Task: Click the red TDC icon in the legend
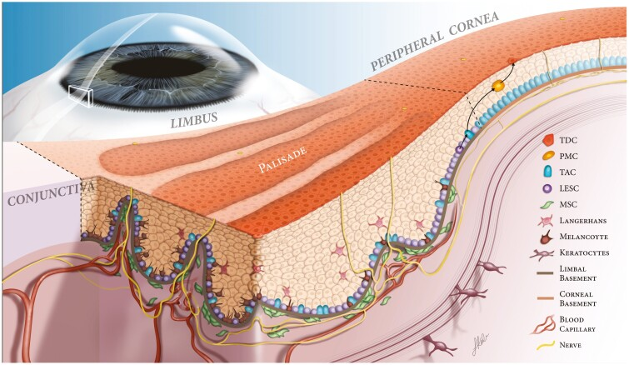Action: click(548, 140)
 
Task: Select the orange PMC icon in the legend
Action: click(548, 156)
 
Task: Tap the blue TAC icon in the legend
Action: click(548, 172)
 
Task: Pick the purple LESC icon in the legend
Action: click(548, 188)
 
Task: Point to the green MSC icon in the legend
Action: click(548, 204)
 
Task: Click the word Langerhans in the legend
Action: click(583, 221)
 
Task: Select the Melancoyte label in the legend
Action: click(584, 237)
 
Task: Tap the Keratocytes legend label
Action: click(584, 252)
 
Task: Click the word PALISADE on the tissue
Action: click(282, 160)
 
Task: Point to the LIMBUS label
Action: click(194, 119)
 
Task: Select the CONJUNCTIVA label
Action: click(51, 193)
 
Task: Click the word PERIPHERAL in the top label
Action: click(408, 47)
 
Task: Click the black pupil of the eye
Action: click(154, 67)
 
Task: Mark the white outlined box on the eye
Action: click(81, 97)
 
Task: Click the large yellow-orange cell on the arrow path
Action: click(498, 86)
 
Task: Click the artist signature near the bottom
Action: click(479, 343)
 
